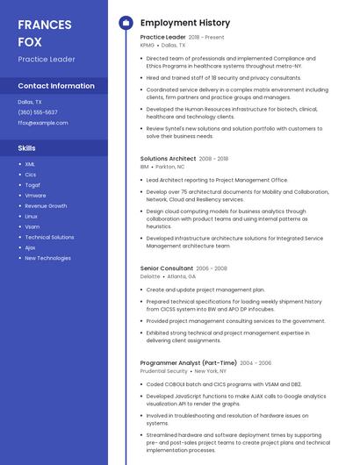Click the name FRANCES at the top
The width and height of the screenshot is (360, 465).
(44, 24)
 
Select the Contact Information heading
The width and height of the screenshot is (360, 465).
(56, 86)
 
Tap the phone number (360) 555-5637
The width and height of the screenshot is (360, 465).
(38, 112)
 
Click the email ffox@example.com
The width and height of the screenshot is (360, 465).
(42, 123)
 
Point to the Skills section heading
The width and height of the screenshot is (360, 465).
(26, 148)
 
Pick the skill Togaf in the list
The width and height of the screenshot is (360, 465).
(32, 185)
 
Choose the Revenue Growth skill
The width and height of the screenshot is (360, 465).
(46, 206)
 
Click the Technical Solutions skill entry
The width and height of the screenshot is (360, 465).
(49, 237)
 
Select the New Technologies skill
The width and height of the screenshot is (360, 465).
(47, 258)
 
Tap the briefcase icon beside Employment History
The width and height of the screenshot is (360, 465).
(126, 22)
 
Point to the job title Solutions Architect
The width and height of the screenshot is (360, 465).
(168, 159)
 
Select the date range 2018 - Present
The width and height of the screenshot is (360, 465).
(206, 38)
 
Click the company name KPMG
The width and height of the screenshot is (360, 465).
(147, 45)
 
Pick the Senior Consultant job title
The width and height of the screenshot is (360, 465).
(166, 268)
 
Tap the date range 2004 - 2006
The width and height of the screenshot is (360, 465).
(256, 363)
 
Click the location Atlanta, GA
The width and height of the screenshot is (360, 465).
(182, 276)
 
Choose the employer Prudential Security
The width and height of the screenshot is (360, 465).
(163, 371)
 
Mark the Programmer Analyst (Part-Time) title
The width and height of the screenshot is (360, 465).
(188, 363)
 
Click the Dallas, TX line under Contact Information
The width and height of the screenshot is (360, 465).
(30, 102)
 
